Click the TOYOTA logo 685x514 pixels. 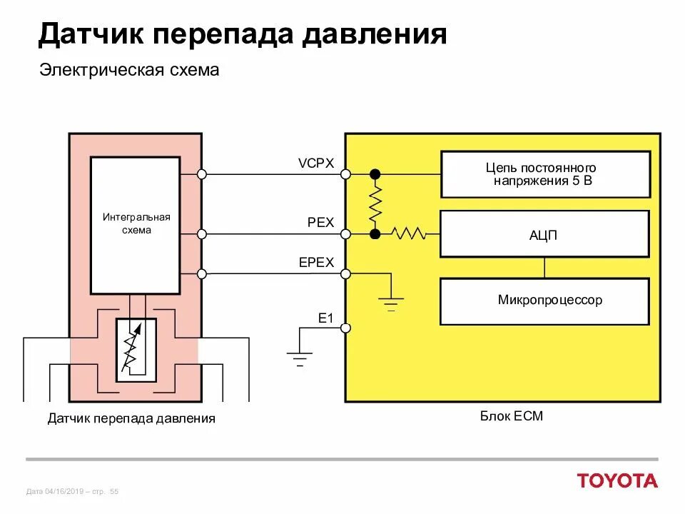pos(617,480)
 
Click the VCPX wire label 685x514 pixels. pos(315,163)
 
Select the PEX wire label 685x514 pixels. pos(320,223)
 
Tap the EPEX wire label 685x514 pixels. pos(316,263)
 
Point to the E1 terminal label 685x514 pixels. pos(325,318)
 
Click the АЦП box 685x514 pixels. pos(544,233)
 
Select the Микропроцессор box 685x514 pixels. pos(544,301)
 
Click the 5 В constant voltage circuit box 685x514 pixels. pos(544,174)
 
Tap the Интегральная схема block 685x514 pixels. pos(136,223)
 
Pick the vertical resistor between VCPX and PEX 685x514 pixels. pos(375,203)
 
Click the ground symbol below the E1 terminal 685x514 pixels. pos(300,358)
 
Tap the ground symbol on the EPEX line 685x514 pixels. pos(390,303)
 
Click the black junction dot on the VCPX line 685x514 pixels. pos(375,174)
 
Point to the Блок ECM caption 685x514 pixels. pos(511,415)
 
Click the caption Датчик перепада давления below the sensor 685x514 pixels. pos(131,418)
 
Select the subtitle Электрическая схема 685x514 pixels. pos(128,71)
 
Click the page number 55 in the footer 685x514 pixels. pos(114,491)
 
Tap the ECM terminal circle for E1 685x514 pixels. pos(345,328)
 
